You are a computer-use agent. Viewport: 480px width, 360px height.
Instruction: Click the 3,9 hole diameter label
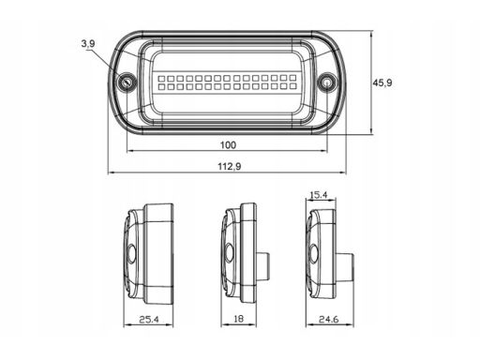[x=88, y=44]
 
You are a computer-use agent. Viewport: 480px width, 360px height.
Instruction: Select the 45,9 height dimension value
[x=382, y=82]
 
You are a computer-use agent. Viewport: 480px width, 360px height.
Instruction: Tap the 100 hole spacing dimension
[x=228, y=145]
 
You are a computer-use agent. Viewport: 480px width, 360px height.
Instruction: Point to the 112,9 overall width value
[x=230, y=167]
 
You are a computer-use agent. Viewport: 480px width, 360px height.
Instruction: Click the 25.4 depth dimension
[x=149, y=320]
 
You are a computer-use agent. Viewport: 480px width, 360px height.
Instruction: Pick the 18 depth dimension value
[x=238, y=319]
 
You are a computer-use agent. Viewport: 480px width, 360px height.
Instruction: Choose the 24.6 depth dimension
[x=328, y=320]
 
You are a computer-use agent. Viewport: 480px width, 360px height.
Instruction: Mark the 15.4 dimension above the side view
[x=319, y=195]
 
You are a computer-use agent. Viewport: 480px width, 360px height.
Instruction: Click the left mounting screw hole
[x=127, y=82]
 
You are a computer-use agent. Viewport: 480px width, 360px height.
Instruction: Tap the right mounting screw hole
[x=327, y=82]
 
